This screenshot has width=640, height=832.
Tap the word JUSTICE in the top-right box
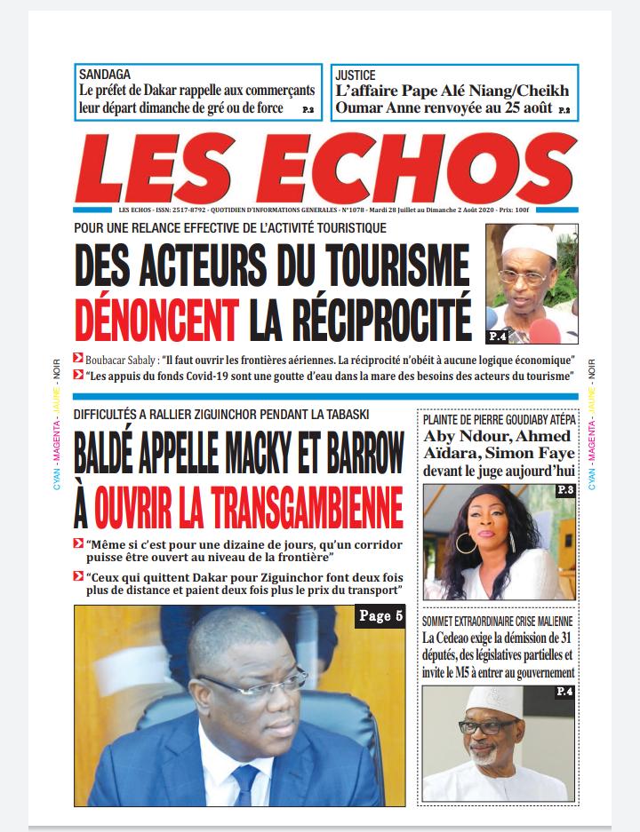point(355,75)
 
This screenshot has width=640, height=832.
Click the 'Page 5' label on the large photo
point(381,615)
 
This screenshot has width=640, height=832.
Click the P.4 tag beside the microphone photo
point(498,336)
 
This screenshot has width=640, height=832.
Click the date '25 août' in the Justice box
point(524,108)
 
